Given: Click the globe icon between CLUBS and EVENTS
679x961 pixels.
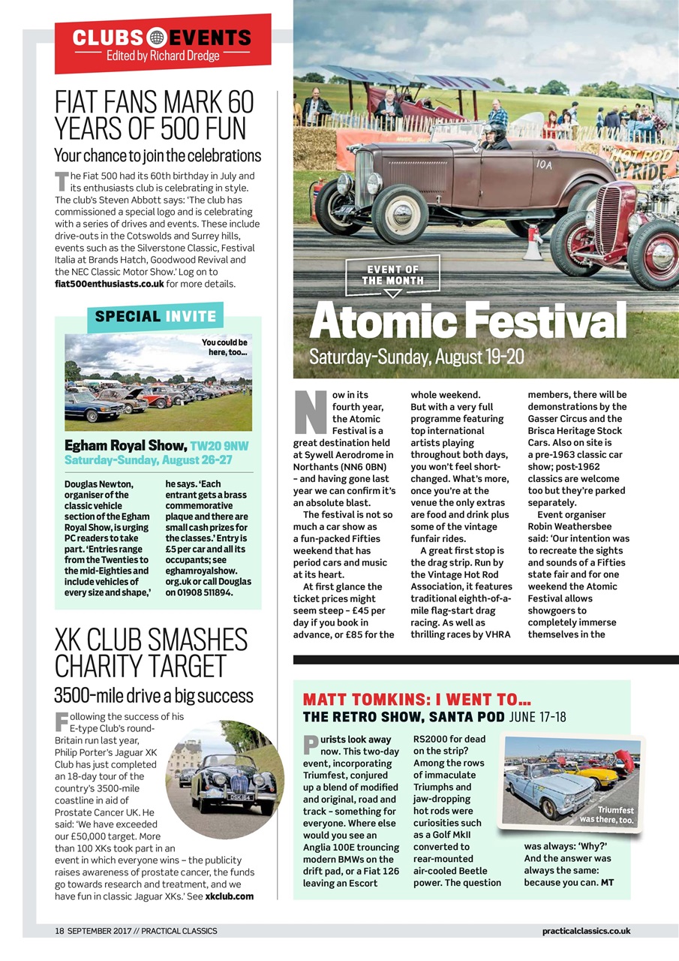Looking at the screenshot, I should coord(157,37).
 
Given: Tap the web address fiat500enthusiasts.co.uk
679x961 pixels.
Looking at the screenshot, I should coord(110,284).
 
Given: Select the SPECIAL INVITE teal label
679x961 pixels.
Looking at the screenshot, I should coord(155,316).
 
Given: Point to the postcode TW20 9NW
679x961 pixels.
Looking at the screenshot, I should coord(219,446).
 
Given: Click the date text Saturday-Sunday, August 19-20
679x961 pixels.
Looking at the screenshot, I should coord(416,356).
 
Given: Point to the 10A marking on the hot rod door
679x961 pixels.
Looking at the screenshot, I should coord(543,164).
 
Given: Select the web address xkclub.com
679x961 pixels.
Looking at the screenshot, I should coord(229,896).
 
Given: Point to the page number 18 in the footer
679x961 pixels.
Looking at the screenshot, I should coord(59,931).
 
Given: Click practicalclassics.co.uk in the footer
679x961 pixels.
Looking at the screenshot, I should coord(585,931).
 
